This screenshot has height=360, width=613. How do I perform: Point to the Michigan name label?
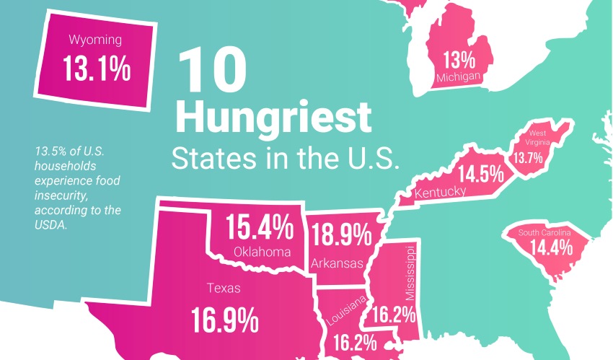[458, 77]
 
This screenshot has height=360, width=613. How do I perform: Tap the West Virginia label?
[542, 138]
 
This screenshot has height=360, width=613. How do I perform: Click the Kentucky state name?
[439, 192]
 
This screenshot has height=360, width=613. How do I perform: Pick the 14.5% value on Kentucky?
[477, 175]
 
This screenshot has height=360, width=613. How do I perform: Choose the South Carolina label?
[545, 233]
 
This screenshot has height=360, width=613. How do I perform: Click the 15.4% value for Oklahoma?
[260, 228]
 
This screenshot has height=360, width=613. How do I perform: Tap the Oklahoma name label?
[263, 252]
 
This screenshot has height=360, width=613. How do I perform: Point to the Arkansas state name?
[338, 264]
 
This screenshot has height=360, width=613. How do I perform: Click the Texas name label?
[224, 289]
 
